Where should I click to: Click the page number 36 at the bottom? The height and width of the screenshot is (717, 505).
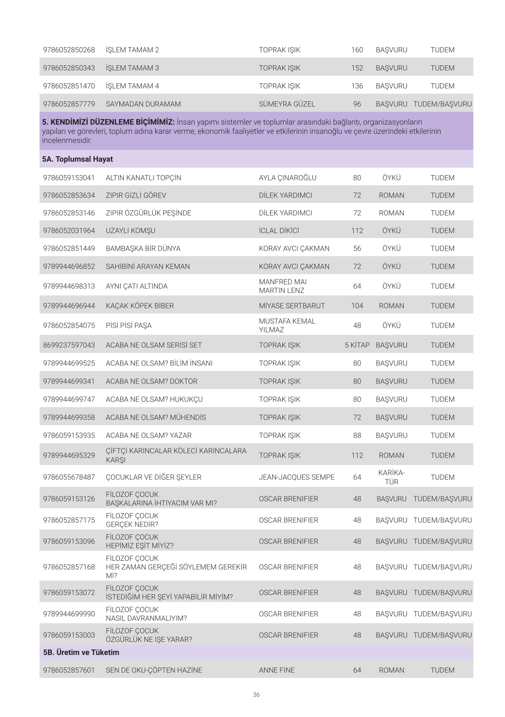tap(256, 694)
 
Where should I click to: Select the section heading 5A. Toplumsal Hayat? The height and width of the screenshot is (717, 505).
tap(77, 159)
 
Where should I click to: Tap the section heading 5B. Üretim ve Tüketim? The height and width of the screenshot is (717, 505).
tap(81, 652)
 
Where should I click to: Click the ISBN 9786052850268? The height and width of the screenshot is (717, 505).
tap(69, 50)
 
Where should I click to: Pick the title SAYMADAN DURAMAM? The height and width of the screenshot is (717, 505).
tap(143, 104)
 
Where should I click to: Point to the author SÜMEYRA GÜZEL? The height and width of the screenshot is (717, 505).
tap(287, 104)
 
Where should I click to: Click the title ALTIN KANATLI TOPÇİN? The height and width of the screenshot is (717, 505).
tap(143, 178)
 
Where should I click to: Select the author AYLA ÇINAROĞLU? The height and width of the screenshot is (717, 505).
tap(287, 178)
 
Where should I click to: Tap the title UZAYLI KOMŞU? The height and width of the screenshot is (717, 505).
tap(131, 230)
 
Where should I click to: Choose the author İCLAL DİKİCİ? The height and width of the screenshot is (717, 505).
tap(279, 230)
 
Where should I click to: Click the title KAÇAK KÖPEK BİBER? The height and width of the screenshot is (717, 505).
tap(140, 306)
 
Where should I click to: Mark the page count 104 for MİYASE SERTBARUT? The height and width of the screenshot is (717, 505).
tap(357, 306)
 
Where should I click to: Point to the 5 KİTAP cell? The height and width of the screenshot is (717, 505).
tap(357, 345)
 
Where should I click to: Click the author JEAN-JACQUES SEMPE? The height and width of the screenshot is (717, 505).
tap(297, 477)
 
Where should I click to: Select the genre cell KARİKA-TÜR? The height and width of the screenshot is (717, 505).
tap(391, 477)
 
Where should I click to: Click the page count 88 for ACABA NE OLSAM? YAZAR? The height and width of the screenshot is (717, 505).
tap(357, 435)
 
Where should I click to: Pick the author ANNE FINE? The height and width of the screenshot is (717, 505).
tap(276, 670)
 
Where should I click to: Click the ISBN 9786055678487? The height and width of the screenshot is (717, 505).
tap(69, 477)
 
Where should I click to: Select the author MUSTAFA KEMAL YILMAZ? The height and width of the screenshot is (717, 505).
tap(287, 325)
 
